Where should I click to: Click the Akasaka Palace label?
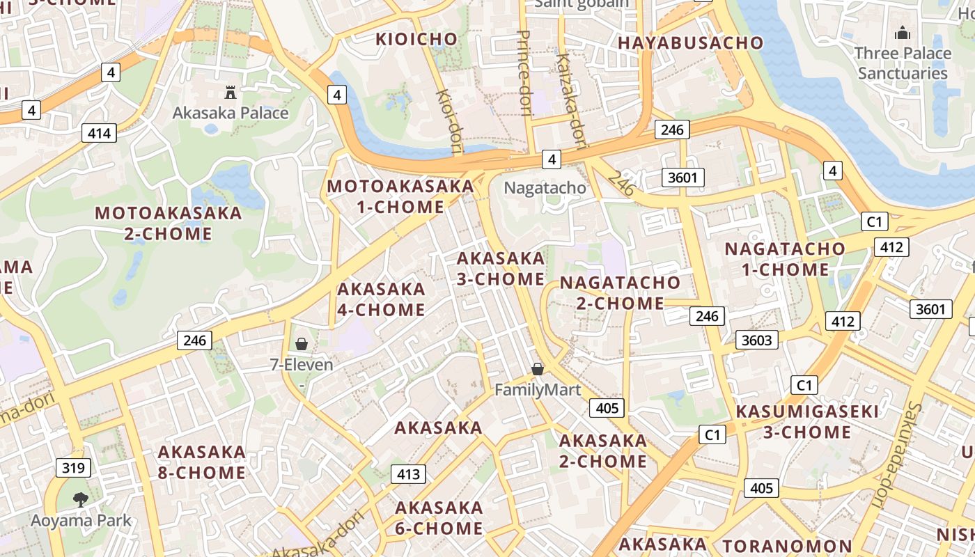[230, 113]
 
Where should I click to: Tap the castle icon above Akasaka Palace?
[230, 91]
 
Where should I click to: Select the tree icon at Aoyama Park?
[81, 499]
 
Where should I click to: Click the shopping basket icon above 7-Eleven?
[302, 344]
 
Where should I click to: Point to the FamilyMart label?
[537, 389]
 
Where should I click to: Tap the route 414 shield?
[99, 133]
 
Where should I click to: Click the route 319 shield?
[73, 467]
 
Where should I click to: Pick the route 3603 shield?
[757, 339]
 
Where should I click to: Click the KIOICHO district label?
[416, 39]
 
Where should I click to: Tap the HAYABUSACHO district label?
[691, 42]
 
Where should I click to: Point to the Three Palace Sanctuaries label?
[903, 63]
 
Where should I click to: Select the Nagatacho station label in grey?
[545, 187]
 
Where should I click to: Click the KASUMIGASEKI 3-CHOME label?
[807, 422]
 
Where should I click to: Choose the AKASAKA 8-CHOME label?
[201, 462]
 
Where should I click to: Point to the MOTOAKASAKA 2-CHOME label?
[168, 223]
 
